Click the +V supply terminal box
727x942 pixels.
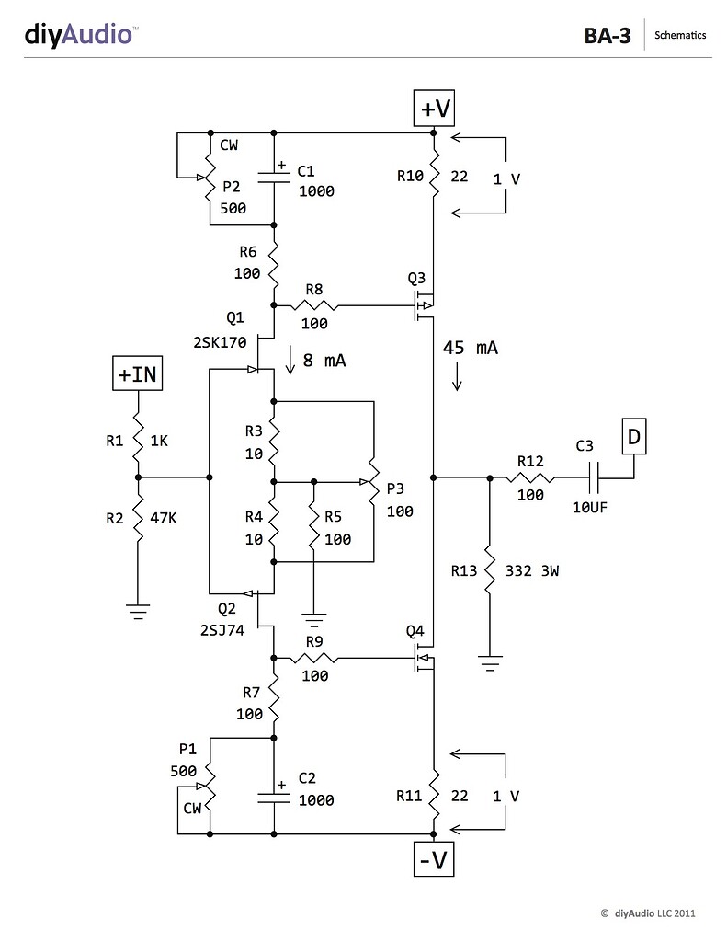tap(435, 109)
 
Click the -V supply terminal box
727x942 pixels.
tap(434, 861)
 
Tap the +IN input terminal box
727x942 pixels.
tap(137, 374)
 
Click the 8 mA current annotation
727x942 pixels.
tap(324, 361)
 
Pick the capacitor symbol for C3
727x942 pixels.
tap(591, 477)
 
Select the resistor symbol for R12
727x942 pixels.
tap(532, 477)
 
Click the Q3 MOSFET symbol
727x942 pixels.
tap(424, 305)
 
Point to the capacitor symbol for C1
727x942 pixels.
tap(274, 175)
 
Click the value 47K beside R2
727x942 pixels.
tap(162, 518)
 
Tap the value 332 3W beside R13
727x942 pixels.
tap(533, 571)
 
